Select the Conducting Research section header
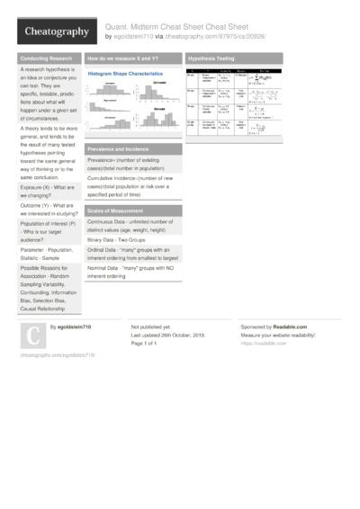[48, 58]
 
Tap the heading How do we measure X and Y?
[122, 58]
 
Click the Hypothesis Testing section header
[212, 58]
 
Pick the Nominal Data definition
[130, 273]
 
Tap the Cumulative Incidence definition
[130, 185]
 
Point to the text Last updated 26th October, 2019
[168, 335]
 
